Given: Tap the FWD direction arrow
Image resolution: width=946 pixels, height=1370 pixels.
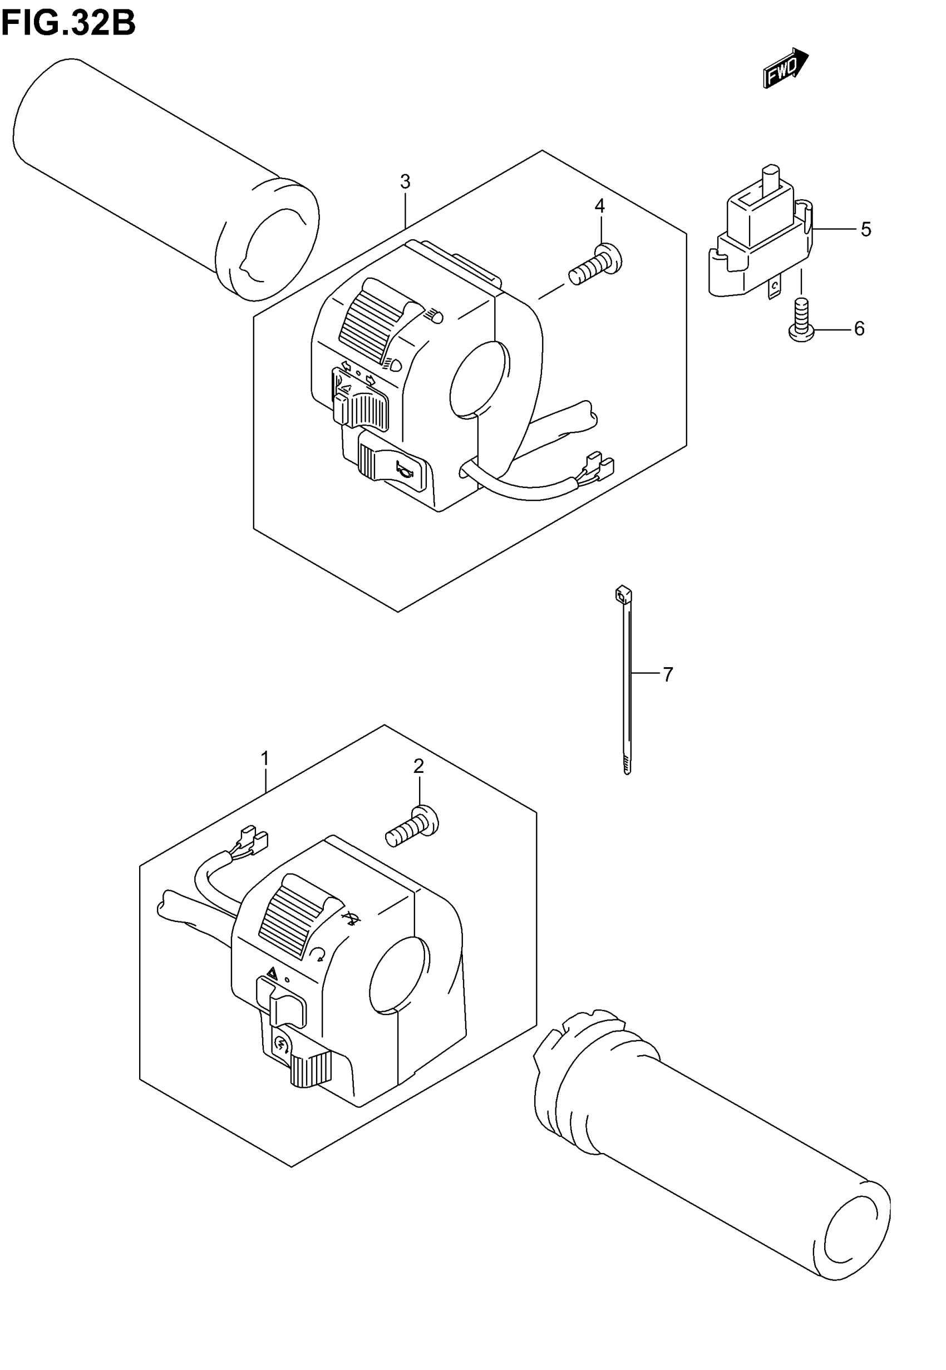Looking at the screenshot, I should (785, 69).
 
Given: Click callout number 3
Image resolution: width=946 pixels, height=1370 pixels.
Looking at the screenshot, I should (405, 182).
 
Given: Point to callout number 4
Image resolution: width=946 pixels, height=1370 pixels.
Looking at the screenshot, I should (600, 206).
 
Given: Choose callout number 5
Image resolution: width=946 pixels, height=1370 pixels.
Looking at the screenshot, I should (865, 229).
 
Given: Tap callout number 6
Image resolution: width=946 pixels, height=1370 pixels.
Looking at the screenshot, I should (859, 328).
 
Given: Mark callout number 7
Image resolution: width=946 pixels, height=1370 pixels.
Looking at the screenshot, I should (668, 674).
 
